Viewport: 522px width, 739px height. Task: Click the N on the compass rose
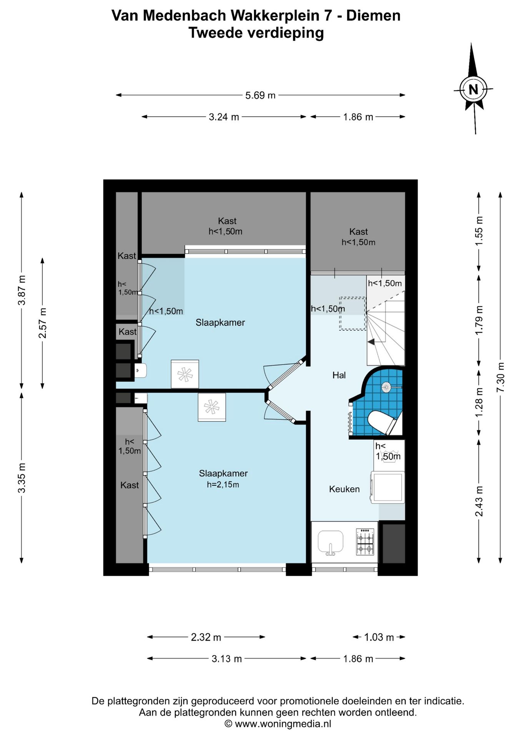(x=473, y=90)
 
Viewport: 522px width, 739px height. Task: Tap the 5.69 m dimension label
(x=260, y=95)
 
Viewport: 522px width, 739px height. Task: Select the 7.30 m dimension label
(x=500, y=377)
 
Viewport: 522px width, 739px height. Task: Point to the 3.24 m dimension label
(x=224, y=117)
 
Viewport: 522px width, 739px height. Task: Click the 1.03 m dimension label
(x=379, y=637)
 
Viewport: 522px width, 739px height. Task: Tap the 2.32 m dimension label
(x=206, y=637)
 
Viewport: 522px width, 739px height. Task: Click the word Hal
(x=339, y=375)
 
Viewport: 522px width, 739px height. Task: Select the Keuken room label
(x=344, y=489)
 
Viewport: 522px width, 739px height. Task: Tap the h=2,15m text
(x=223, y=485)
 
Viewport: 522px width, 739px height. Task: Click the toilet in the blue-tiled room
(x=382, y=422)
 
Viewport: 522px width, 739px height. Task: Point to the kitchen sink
(x=331, y=542)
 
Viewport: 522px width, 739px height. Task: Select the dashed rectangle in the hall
(x=352, y=313)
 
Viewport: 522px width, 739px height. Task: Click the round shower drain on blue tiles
(x=386, y=387)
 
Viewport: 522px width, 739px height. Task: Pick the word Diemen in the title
(x=373, y=15)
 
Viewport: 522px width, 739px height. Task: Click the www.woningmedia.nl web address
(x=283, y=724)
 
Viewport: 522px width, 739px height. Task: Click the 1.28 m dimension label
(x=479, y=402)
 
